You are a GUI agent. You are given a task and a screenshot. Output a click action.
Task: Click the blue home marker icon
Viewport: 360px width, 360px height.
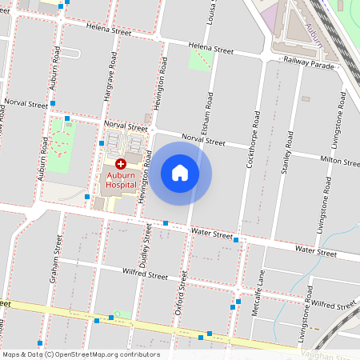[x=180, y=173]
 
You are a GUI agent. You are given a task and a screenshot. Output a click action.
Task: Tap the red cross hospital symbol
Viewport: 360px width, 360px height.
[x=121, y=163]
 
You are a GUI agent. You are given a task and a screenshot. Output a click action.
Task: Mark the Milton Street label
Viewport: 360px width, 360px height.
[x=340, y=162]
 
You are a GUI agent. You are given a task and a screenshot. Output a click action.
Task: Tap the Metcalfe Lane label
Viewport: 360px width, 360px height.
[x=259, y=292]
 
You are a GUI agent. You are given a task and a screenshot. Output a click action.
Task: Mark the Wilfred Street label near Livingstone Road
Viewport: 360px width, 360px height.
[x=334, y=305]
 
